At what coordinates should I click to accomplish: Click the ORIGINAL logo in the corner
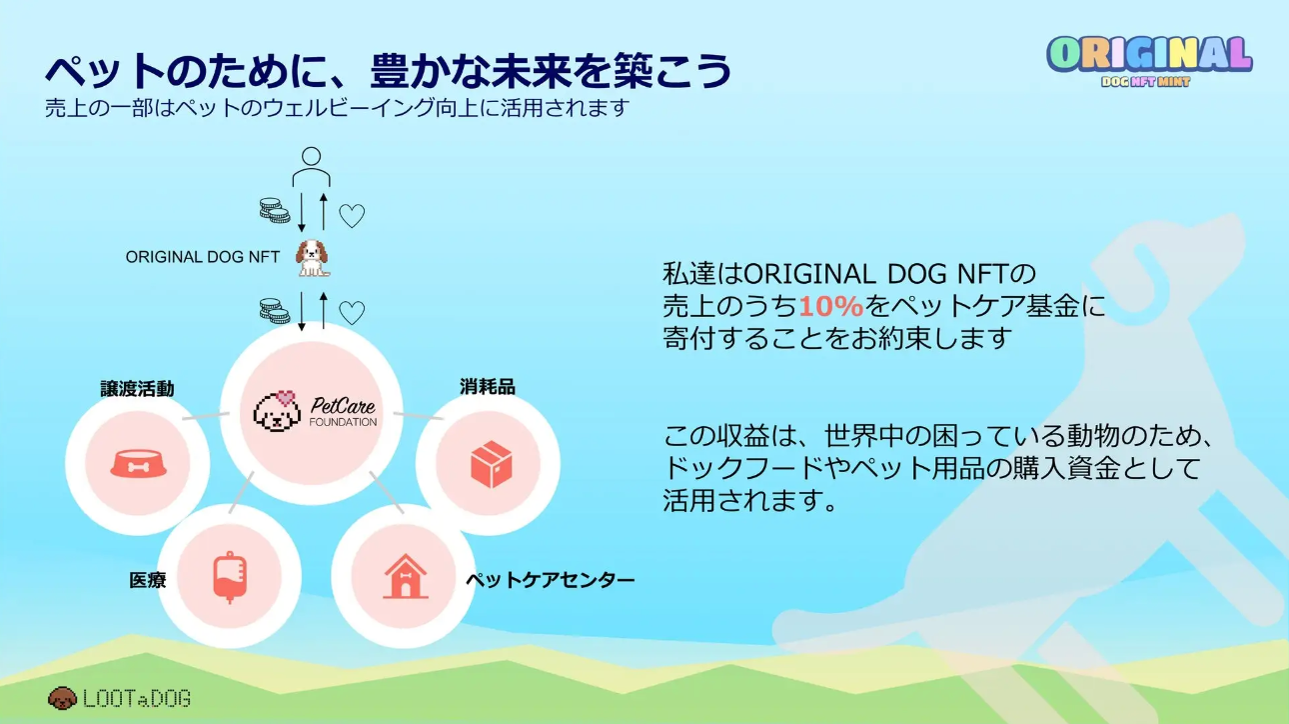pos(1149,55)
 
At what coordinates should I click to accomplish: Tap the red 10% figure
pos(830,307)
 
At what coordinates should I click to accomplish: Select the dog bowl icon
pos(138,464)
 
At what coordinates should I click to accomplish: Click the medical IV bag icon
pos(229,576)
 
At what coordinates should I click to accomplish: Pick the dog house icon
pos(405,576)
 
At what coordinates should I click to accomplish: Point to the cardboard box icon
pos(491,464)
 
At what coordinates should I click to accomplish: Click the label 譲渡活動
pos(137,388)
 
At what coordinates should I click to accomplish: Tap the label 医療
pos(147,580)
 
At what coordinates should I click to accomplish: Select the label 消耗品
pos(488,386)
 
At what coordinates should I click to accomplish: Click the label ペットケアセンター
pos(550,580)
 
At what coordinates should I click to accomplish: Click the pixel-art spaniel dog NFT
pos(312,257)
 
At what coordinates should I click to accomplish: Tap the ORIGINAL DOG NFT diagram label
pos(203,257)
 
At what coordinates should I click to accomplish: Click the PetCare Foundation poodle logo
pos(277,410)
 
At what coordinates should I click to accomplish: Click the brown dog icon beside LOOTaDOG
pos(62,697)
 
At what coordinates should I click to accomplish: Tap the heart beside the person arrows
pos(352,215)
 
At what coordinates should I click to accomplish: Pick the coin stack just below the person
pos(274,211)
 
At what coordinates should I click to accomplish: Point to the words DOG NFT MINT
pos(1145,82)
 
